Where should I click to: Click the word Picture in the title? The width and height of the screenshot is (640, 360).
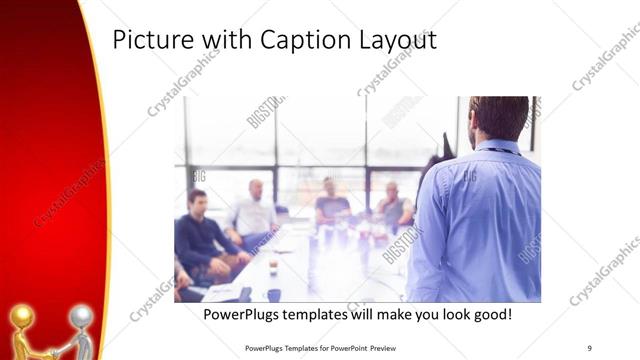pos(150,40)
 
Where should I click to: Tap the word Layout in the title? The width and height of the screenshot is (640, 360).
pos(400,40)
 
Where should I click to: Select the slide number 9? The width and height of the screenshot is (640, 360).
pos(589,347)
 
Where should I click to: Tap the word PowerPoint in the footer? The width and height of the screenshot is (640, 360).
pos(339,347)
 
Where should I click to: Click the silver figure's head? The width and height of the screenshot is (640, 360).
pos(83,317)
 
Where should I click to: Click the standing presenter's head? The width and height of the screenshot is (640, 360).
pos(498,117)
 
